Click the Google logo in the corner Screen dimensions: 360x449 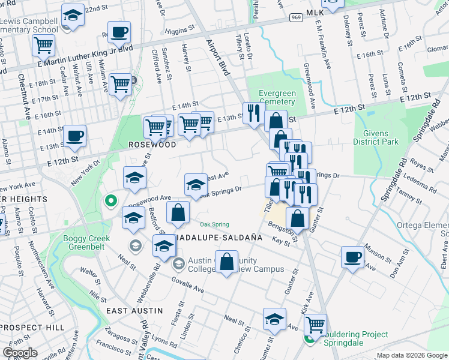point(20,353)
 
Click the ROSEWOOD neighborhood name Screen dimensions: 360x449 point(152,145)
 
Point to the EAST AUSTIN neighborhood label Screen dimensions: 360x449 point(134,310)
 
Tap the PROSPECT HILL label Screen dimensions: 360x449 point(29,327)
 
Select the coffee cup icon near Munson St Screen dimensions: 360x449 point(352,257)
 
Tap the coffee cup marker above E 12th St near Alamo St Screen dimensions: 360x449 point(74,135)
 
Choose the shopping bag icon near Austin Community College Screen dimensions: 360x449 point(226,262)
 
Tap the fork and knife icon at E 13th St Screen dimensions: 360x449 point(252,112)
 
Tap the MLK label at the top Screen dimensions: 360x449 point(315,13)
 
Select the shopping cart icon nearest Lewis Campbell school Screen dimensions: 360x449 point(44,44)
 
